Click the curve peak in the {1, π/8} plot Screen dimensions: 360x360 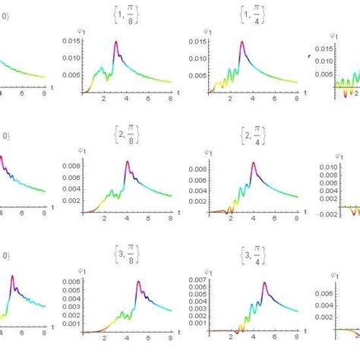coord(116,42)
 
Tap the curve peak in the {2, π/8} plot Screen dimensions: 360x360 coord(127,162)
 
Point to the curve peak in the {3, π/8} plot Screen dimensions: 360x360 coord(138,283)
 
